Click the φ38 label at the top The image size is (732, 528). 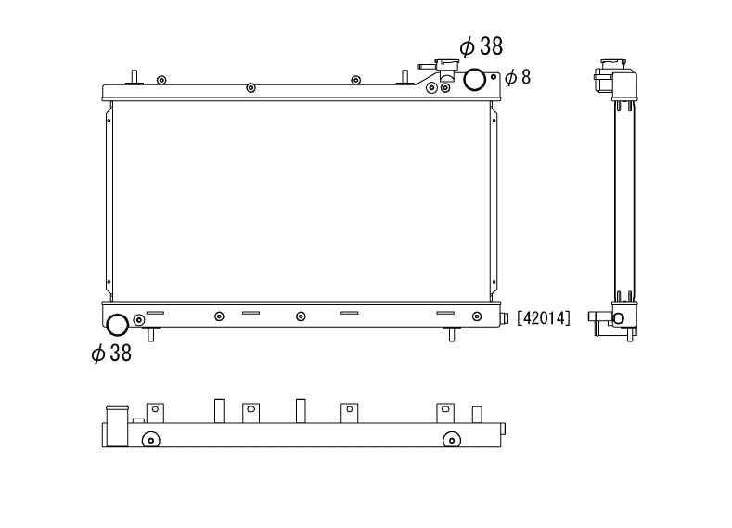point(481,46)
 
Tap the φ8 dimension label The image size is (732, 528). point(518,77)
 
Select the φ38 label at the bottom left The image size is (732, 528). point(111,353)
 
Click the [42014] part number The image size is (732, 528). point(544,318)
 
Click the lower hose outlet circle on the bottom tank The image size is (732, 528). point(118,325)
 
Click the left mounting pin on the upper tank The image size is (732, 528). point(134,76)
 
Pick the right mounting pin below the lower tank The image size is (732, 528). point(451,333)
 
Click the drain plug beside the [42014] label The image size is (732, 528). point(506,318)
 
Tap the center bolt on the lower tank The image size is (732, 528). point(301,316)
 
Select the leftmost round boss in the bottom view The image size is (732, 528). point(150,439)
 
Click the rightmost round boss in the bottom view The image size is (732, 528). point(451,439)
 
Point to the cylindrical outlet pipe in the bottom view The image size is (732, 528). point(117,426)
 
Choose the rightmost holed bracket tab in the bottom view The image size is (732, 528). point(446,412)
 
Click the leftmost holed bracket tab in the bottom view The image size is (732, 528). point(155,412)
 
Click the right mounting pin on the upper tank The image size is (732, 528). point(405,76)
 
